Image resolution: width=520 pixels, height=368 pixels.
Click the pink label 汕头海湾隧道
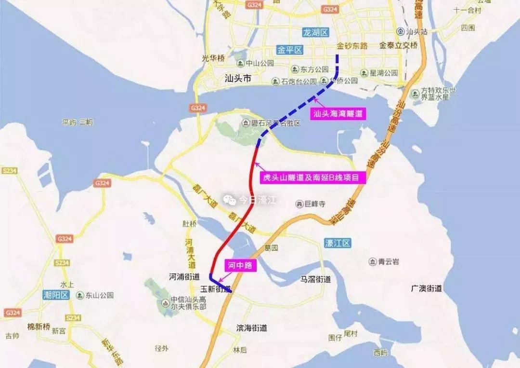tap(337, 114)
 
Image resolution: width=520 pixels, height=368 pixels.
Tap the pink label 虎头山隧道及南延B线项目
tap(311, 177)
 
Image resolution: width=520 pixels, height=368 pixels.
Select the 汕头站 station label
tap(417, 32)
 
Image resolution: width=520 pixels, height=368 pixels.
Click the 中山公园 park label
tap(260, 63)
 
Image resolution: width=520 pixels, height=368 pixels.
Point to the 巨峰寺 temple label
tap(315, 204)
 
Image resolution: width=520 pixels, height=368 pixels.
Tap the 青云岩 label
tap(388, 262)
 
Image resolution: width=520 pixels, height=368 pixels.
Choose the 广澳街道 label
tap(427, 288)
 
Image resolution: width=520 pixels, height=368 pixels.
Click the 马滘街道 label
tap(316, 279)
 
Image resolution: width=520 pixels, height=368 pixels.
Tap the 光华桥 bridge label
tap(213, 58)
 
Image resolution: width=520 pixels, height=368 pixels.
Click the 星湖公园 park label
tap(383, 73)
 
